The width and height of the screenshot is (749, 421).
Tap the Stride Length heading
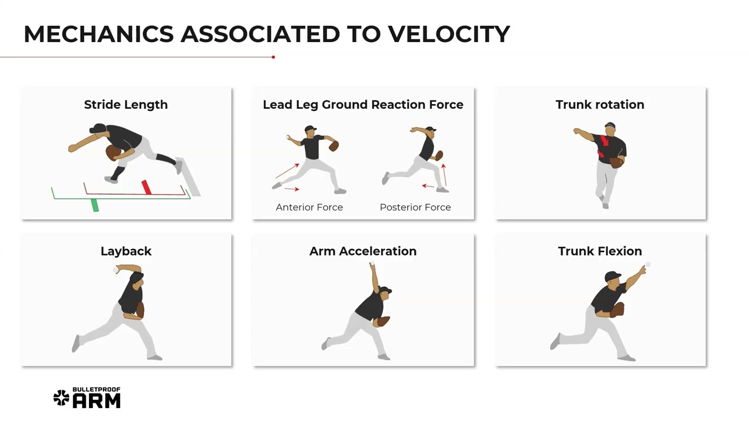coord(126,105)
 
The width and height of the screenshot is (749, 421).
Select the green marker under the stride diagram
coord(95,205)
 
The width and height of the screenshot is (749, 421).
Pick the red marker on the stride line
coord(146,187)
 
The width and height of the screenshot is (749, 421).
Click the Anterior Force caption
coord(309,207)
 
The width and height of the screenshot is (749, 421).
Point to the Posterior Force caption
coord(415,207)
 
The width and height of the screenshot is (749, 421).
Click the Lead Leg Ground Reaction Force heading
coord(363,105)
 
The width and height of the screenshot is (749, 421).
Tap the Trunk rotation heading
coord(600,105)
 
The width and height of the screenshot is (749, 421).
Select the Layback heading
coord(126,251)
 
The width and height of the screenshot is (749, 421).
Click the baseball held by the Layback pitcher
coord(116,270)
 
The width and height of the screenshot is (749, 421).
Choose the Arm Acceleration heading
coord(363,251)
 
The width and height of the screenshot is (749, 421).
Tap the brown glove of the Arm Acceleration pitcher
coord(383,321)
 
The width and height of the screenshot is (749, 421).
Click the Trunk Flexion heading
coord(600,251)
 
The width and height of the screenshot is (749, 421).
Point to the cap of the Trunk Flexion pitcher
coord(612,276)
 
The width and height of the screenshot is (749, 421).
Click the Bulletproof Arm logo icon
coord(61,398)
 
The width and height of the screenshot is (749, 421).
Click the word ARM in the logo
coord(97,401)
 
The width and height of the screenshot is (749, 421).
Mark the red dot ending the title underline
coord(273,57)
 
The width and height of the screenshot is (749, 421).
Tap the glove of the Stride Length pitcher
coord(113,153)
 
